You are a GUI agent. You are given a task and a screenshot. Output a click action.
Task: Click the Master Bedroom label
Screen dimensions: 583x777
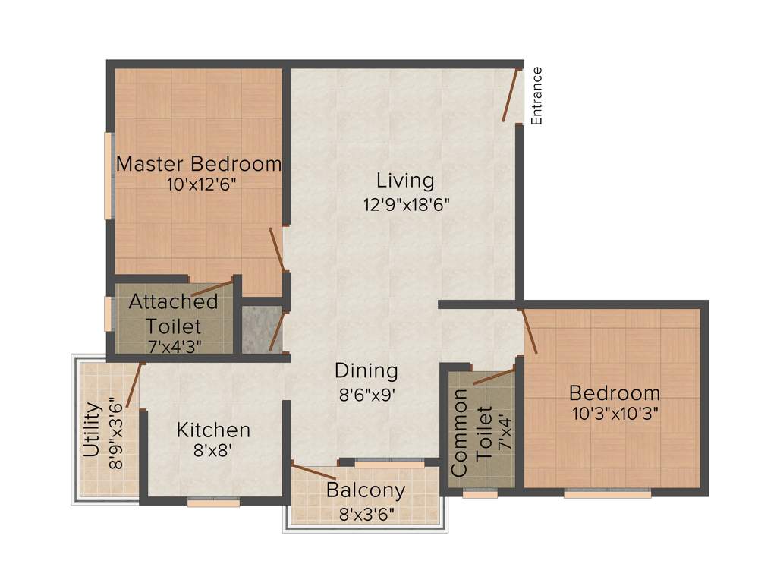(x=198, y=164)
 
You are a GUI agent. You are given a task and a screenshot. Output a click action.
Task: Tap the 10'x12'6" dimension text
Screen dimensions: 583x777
(x=198, y=184)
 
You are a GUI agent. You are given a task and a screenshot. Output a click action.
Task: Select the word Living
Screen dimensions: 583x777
(x=405, y=181)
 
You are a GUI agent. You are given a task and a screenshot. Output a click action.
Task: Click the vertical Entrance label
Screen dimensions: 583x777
(x=537, y=96)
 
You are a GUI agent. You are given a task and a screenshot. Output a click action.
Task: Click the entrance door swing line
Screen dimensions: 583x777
(x=511, y=95)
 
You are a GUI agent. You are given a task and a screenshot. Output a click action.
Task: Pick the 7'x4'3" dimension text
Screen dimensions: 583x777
(x=174, y=347)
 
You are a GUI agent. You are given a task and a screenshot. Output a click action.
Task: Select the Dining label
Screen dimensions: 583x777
(x=366, y=371)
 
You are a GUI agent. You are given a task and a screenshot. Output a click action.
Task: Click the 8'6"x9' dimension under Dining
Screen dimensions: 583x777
(x=366, y=395)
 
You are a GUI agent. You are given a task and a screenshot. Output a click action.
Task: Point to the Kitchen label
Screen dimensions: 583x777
(x=213, y=430)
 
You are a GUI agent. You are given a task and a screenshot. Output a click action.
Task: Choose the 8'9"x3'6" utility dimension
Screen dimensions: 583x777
(x=115, y=434)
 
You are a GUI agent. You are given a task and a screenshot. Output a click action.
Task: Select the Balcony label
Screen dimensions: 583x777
(x=365, y=490)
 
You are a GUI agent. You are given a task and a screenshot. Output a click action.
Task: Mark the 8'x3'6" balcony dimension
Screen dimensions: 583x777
(x=366, y=513)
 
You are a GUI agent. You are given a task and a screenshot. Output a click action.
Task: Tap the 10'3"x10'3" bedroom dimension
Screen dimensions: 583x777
(x=615, y=414)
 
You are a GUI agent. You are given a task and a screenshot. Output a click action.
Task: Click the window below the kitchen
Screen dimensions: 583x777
(x=213, y=501)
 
